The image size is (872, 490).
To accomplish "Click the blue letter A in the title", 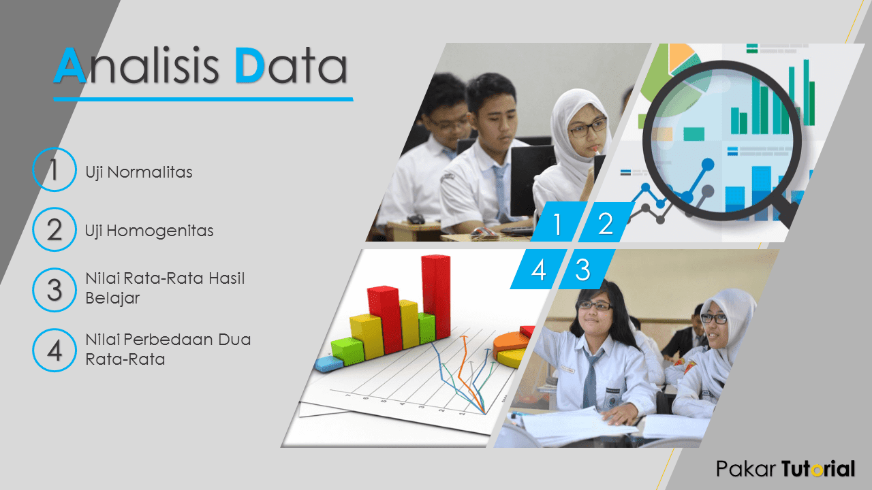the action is [x=70, y=65].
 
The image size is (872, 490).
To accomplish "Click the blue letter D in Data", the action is [x=249, y=65].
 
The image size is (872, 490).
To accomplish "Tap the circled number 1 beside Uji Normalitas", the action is [x=54, y=169].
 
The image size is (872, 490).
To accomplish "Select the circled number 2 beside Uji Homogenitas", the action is [x=54, y=229].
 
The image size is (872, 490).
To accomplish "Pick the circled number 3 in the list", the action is [x=54, y=290].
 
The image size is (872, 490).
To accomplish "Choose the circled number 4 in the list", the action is [x=54, y=350].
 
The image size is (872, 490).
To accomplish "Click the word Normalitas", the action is [x=150, y=172].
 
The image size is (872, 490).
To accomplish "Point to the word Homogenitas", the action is [x=160, y=231].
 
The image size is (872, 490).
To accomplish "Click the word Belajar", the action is [x=112, y=299].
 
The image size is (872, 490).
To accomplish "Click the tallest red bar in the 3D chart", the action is [x=437, y=297].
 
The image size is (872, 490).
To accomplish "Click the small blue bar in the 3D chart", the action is [x=329, y=364].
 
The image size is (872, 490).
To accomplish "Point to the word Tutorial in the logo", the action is [x=818, y=469].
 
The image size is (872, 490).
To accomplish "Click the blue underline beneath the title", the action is [x=203, y=99].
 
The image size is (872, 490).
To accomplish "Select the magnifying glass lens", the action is [x=722, y=140].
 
